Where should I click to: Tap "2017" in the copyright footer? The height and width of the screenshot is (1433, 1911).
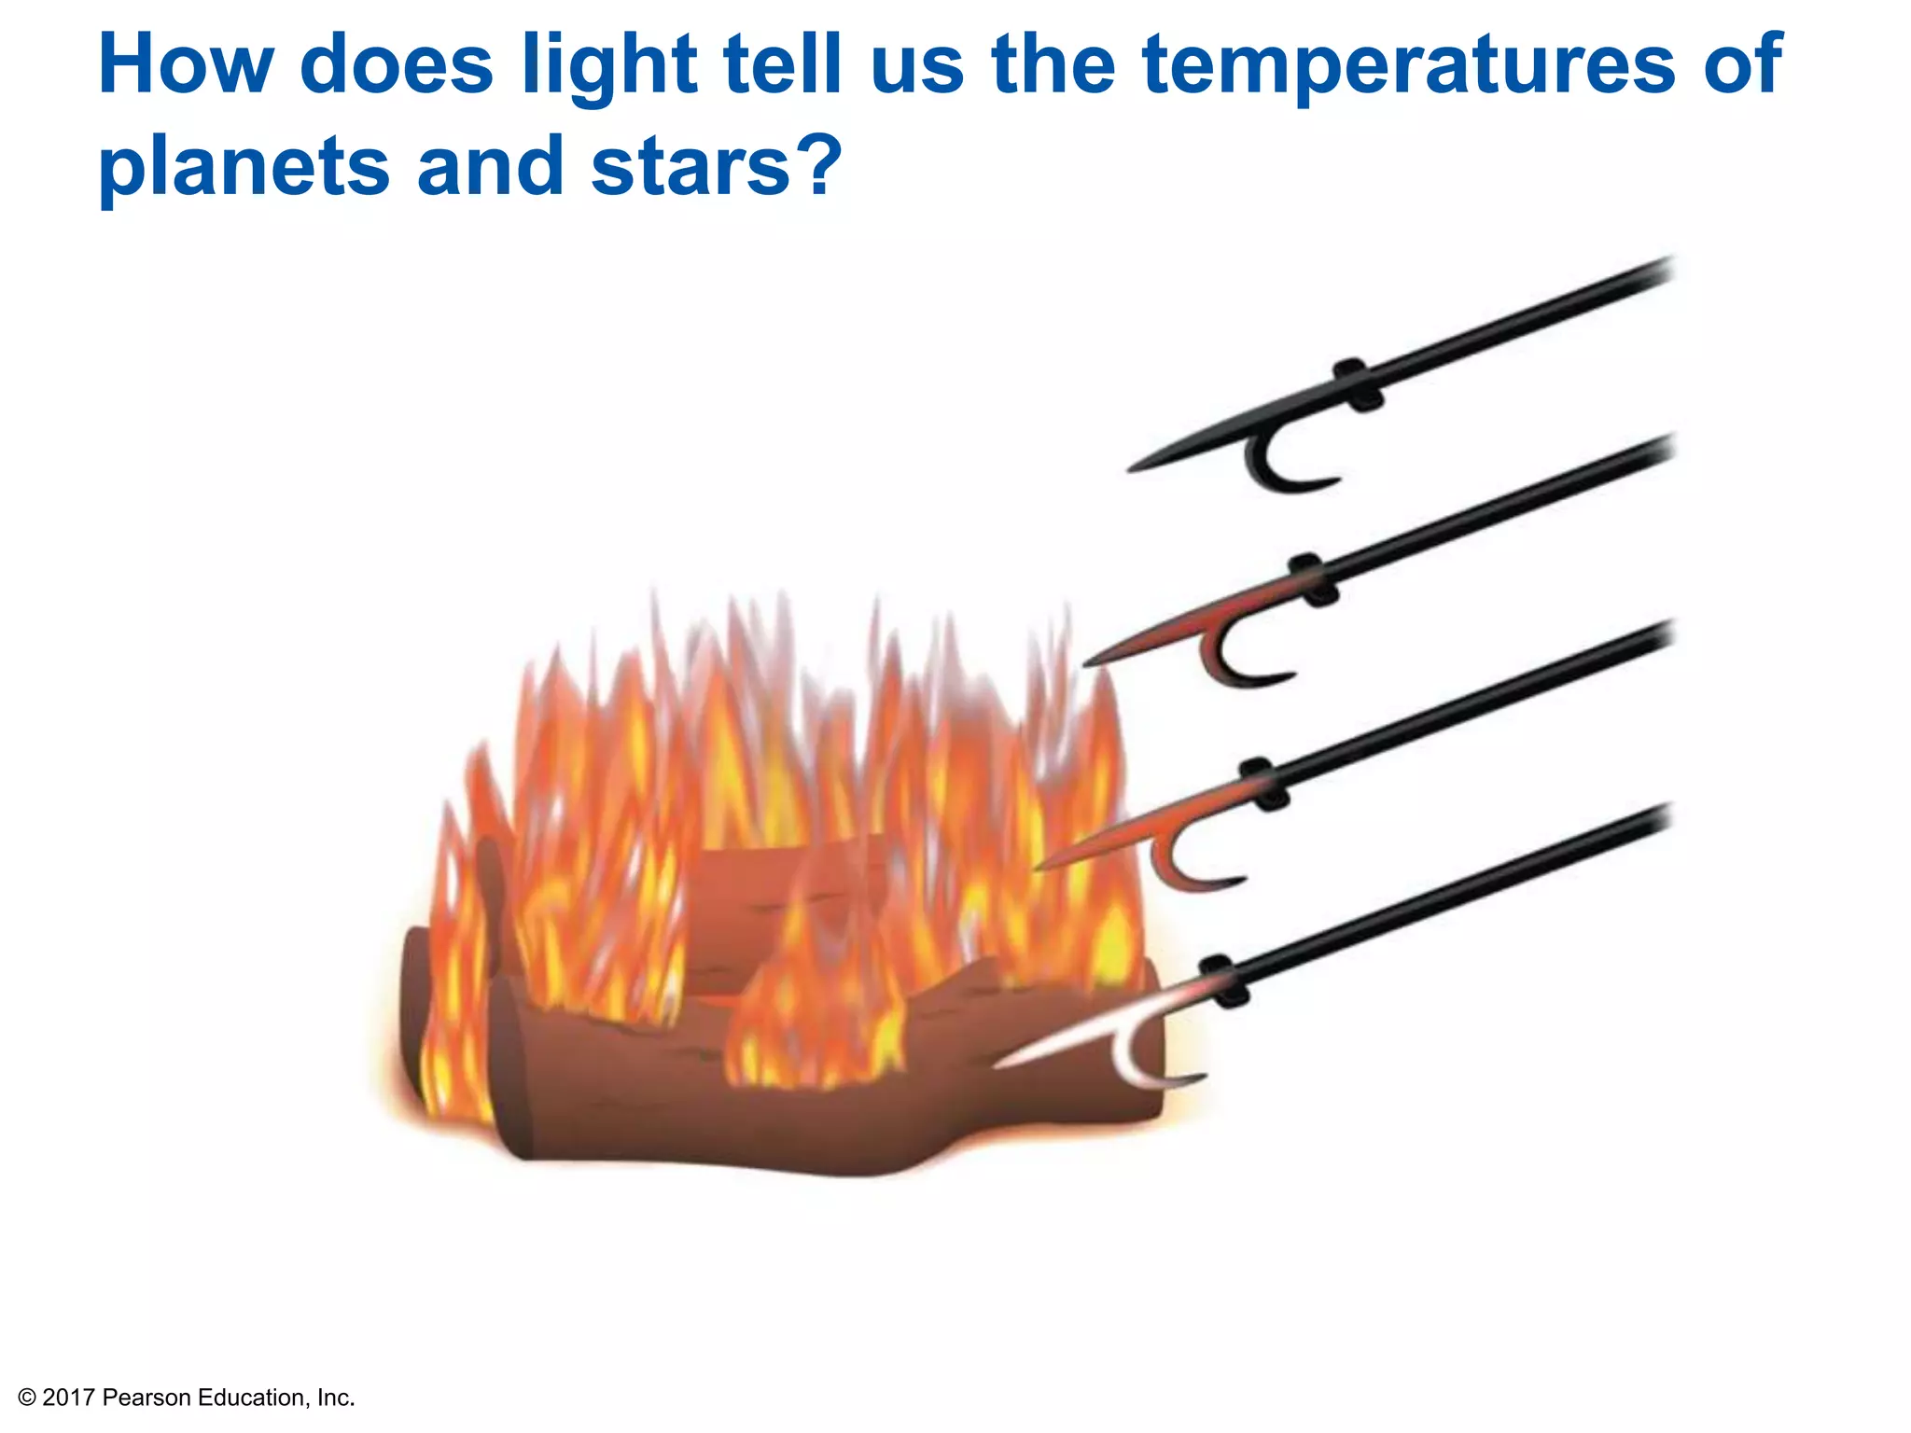(69, 1397)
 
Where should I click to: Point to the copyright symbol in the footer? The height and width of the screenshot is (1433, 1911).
(27, 1398)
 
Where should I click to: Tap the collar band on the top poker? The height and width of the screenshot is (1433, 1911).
(1358, 384)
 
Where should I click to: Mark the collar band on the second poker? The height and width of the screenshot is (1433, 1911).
(1314, 579)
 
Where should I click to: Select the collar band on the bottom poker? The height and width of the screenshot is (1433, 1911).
(1223, 981)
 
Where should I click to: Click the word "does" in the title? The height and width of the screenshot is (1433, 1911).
(397, 65)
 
